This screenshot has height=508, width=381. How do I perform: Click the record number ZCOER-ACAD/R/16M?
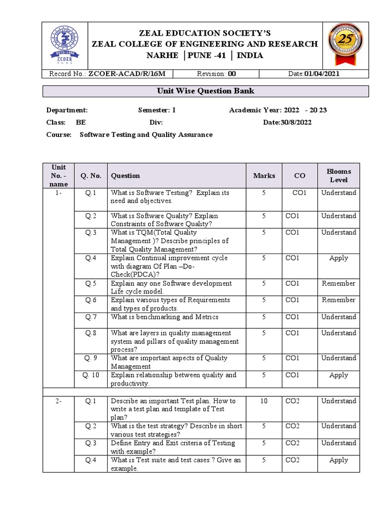(130, 73)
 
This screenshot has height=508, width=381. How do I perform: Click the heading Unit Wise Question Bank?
(205, 91)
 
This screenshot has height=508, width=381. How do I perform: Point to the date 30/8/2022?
(294, 123)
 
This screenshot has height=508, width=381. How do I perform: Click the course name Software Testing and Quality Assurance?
(146, 134)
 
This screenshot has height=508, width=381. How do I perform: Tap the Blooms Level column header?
(338, 176)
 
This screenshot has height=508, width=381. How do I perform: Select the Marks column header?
(264, 176)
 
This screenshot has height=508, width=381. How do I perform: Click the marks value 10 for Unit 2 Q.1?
(264, 401)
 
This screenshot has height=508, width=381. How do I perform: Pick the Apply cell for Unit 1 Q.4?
(338, 258)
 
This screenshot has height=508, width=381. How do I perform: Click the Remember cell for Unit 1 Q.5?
(338, 283)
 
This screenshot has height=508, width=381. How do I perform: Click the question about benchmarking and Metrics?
(164, 317)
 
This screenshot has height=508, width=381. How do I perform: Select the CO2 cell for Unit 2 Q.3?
(293, 443)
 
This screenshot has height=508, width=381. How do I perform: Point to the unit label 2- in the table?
(59, 401)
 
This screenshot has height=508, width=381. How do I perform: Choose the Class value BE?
(80, 123)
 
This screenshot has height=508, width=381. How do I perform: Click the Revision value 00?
(232, 73)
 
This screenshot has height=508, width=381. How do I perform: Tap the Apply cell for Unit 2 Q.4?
(338, 460)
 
